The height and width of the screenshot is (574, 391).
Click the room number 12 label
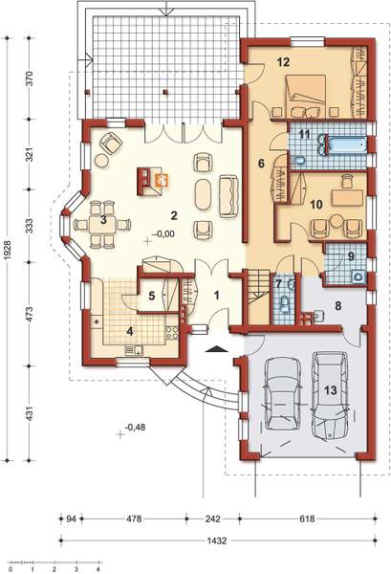283,62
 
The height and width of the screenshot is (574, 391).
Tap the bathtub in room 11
347,145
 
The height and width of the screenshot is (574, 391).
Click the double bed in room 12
306,96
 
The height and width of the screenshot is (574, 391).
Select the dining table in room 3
103,224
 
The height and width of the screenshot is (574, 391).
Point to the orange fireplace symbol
162,180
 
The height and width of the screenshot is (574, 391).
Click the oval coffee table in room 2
204,194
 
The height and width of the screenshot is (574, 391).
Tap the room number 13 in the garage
330,390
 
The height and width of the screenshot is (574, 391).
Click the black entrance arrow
216,348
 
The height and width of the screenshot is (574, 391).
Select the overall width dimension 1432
216,541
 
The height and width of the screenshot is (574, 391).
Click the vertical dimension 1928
10,251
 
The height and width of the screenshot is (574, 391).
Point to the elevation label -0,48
135,427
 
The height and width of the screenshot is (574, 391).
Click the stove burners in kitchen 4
172,332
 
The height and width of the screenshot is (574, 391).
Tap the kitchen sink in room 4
134,350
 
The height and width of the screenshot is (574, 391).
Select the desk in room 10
347,198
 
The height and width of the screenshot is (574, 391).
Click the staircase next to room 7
259,297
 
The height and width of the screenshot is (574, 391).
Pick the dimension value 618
307,519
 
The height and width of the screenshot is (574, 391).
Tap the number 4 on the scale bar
98,569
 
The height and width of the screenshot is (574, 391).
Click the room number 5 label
152,297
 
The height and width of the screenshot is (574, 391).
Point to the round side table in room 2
101,160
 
